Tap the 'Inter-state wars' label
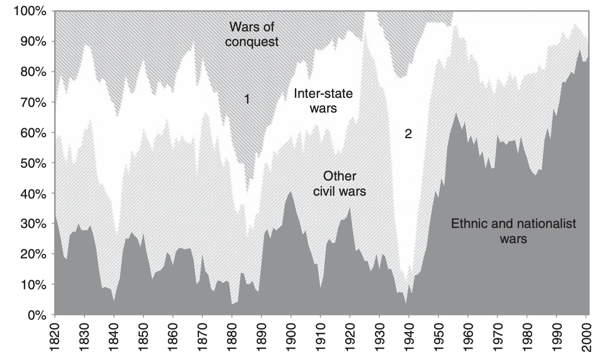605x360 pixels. click(x=323, y=101)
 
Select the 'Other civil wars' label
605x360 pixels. click(x=339, y=184)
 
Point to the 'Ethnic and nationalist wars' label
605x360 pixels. click(x=513, y=230)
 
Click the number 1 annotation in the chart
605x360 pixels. click(x=247, y=99)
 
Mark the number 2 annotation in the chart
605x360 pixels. click(x=408, y=134)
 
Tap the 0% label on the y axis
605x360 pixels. click(x=36, y=315)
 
